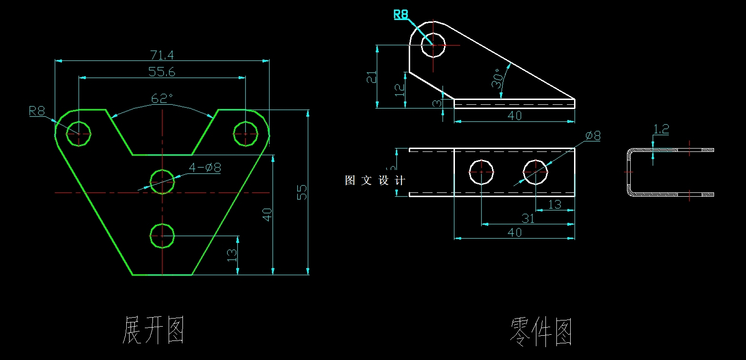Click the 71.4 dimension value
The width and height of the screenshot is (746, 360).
tap(162, 55)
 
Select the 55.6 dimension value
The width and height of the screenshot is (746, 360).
tap(162, 72)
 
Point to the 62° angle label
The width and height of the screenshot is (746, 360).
tap(162, 99)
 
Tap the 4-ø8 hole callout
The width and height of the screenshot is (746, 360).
tap(205, 168)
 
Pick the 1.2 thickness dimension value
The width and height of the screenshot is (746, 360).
tap(661, 129)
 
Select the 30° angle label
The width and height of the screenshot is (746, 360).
tap(497, 79)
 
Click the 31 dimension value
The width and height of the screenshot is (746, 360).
tap(528, 219)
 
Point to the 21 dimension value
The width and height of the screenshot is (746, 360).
tap(372, 77)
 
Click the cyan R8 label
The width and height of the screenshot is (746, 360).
tap(401, 15)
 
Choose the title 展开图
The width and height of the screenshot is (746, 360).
tap(153, 330)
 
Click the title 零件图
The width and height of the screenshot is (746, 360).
tap(541, 332)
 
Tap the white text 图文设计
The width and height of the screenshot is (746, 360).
tap(375, 180)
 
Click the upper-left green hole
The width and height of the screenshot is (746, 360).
tap(79, 133)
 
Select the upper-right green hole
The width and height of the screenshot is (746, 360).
tap(245, 133)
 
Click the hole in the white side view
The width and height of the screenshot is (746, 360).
tap(433, 45)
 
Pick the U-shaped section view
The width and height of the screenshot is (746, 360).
tap(667, 172)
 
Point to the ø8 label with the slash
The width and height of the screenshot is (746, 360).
tap(593, 136)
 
